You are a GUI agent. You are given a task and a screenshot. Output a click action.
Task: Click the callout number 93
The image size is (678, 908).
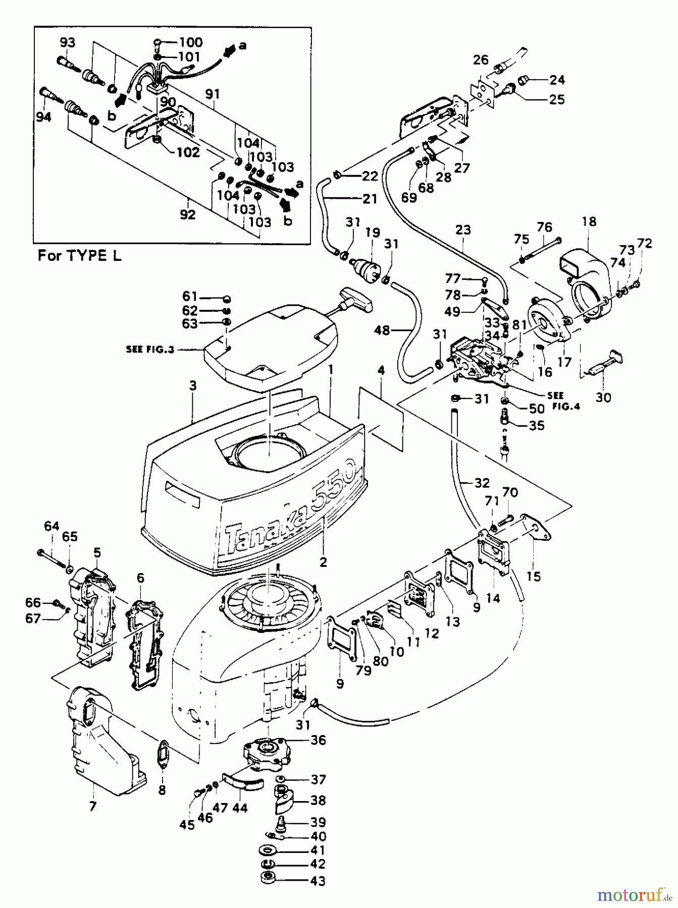(67, 42)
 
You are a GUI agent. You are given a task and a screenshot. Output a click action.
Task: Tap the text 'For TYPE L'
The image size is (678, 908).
(80, 255)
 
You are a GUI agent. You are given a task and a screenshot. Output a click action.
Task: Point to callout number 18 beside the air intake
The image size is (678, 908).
(589, 221)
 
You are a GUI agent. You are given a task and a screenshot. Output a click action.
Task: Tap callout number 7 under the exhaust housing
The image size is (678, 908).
(92, 806)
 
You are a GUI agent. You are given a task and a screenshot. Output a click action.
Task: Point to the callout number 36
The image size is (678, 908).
(318, 740)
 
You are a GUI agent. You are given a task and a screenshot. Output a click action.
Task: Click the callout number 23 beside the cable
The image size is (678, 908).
(463, 230)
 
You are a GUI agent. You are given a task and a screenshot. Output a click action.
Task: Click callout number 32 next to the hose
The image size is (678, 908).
(482, 483)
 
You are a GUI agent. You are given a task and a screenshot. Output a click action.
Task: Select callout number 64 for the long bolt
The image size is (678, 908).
(51, 526)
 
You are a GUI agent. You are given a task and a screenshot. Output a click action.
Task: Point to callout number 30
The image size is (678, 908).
(603, 398)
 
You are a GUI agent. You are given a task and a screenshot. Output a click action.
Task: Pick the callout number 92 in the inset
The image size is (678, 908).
(187, 214)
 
